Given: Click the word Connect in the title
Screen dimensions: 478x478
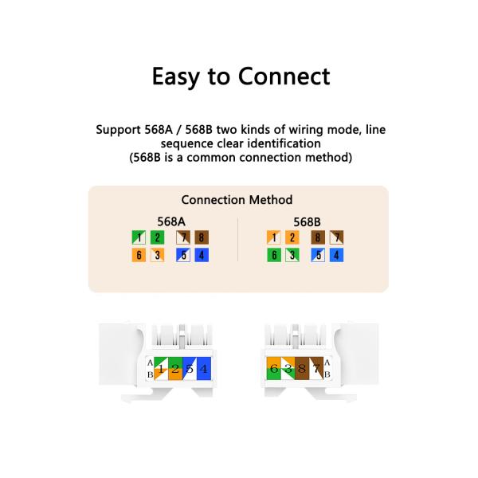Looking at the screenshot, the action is pos(284,76).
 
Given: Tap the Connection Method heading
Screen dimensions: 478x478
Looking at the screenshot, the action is pos(237,200).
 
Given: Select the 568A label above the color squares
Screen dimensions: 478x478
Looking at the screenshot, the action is pos(171,221).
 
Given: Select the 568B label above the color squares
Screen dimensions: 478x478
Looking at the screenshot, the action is pos(307,222).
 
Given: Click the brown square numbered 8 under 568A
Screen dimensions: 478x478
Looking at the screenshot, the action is pos(202,237).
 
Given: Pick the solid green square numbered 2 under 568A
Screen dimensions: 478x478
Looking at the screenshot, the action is pos(157,237).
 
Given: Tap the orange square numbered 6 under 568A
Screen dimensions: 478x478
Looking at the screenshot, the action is pos(139,255).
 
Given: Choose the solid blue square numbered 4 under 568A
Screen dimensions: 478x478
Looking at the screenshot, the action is pos(202,255).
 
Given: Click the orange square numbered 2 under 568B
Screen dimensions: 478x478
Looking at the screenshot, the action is pos(292,237).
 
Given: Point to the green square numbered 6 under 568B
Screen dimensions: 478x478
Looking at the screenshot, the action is pos(274,255).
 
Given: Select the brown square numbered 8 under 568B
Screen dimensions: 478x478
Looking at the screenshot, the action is pos(318,237).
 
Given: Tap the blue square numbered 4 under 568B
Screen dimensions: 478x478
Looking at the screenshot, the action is pos(336,255).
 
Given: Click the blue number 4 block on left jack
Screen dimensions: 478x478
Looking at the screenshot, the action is pos(204,369).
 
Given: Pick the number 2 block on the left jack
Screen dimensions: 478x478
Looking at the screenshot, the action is pos(175,369).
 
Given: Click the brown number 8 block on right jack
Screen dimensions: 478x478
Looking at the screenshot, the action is pos(302,368).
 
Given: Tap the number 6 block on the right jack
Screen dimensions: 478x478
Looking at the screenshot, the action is pos(274,368).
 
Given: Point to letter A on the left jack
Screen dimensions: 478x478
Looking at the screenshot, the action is pos(150,362).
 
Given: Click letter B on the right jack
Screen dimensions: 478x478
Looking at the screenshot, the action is pos(327,374).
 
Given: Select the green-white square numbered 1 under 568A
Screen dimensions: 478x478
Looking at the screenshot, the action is pos(139,237).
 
